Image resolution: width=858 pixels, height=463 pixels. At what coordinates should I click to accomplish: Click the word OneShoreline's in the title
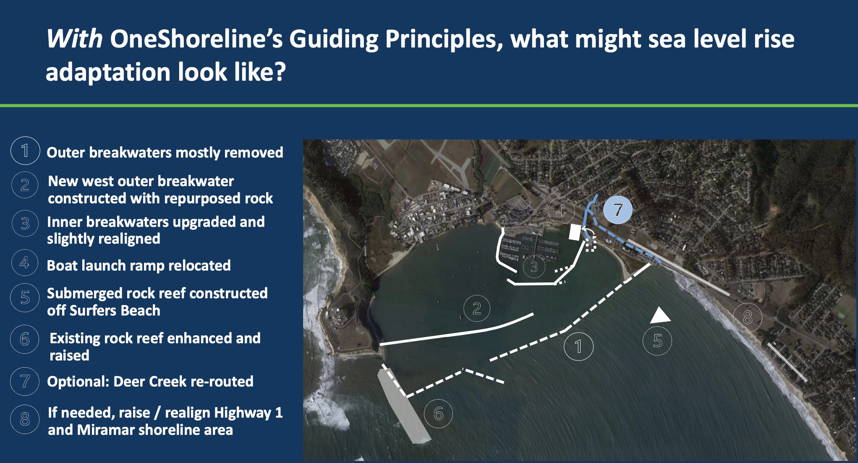tap(196, 39)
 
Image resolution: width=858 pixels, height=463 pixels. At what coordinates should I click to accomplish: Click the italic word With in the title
tap(75, 39)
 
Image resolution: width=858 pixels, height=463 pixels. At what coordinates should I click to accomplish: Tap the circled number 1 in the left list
tap(25, 150)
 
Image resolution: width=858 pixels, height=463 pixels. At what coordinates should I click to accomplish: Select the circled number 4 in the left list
tap(25, 263)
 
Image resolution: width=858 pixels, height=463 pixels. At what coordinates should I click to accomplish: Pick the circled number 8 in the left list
tap(25, 419)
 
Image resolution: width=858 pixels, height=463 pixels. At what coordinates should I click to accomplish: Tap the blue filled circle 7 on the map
tap(618, 210)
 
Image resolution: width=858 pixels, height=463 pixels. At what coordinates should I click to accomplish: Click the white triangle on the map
tap(660, 316)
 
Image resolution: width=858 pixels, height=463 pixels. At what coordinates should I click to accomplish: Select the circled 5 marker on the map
tap(657, 341)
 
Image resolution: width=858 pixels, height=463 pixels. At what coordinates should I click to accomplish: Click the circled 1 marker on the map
tap(578, 347)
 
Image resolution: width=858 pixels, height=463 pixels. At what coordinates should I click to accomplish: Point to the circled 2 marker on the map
tap(477, 309)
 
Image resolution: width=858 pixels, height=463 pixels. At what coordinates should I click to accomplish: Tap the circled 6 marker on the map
tap(438, 414)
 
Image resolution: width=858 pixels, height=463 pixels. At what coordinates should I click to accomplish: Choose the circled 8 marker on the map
tap(748, 318)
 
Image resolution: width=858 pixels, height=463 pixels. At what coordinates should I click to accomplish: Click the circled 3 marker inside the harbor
tap(534, 266)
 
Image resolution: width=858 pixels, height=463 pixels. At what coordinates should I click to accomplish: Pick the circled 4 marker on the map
tap(561, 210)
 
